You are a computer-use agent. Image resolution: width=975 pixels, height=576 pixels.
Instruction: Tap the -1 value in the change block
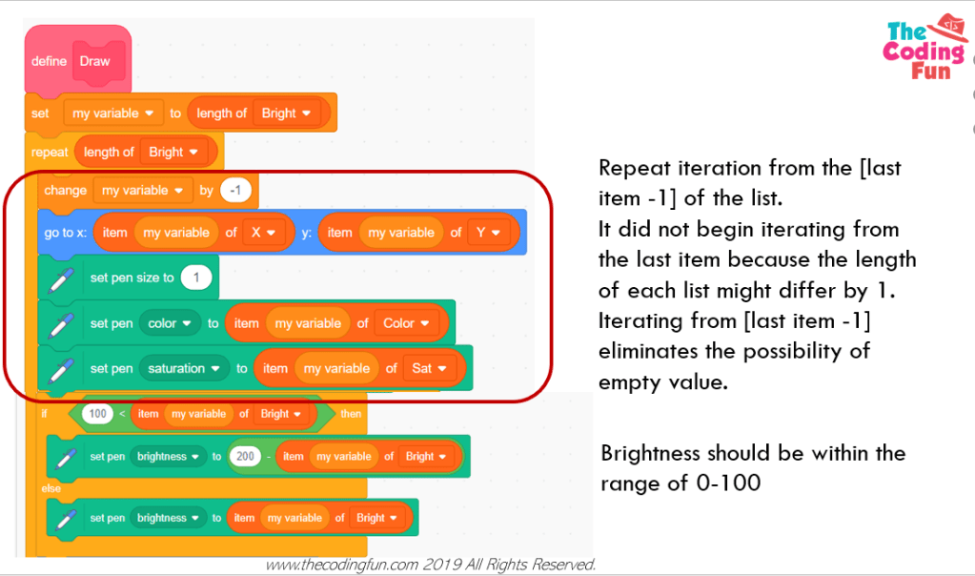click(x=234, y=191)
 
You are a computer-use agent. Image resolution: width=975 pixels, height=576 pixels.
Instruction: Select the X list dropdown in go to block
click(x=264, y=233)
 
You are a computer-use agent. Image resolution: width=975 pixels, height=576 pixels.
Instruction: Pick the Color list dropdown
click(x=406, y=323)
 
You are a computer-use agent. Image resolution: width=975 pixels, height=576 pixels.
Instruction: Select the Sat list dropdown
click(x=429, y=368)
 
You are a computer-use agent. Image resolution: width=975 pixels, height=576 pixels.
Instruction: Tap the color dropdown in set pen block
click(x=170, y=323)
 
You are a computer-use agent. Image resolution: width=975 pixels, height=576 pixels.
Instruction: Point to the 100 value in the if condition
click(x=97, y=414)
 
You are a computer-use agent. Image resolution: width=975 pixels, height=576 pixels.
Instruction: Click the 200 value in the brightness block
click(x=245, y=457)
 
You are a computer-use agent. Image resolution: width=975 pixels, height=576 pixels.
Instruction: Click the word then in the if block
click(x=351, y=414)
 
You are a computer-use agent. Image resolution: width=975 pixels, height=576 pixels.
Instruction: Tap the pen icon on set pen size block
click(x=62, y=278)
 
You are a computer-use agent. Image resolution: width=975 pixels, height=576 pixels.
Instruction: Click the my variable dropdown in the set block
click(x=113, y=113)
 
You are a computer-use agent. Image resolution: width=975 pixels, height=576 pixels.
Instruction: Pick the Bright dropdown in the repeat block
click(x=173, y=152)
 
